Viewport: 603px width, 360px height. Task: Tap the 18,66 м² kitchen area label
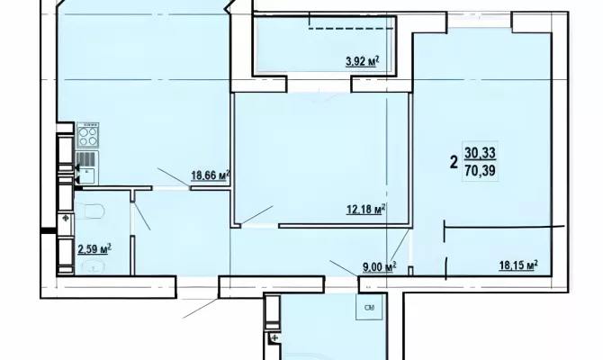coord(211,175)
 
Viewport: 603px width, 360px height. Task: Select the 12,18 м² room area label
coord(366,210)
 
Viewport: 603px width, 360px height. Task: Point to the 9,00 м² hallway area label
coord(379,266)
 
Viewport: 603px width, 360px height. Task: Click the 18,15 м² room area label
coord(518,265)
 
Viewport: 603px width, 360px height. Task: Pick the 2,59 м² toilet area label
coord(94,249)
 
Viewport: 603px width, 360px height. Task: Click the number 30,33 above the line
coord(480,153)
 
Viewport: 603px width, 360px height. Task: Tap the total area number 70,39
coord(480,170)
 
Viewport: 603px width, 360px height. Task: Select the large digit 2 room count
coord(454,162)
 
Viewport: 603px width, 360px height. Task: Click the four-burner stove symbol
coord(87,135)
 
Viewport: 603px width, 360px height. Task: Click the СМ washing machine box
coord(369,307)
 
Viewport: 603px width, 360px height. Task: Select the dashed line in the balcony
coord(351,28)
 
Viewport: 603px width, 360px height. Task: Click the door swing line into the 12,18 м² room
coord(256,214)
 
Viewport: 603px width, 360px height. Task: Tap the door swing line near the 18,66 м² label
coord(173,177)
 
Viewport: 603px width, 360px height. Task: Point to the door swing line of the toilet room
coord(142,216)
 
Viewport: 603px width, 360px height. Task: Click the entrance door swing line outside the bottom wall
coord(200,308)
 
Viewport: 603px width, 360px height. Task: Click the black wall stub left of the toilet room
coord(49,230)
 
